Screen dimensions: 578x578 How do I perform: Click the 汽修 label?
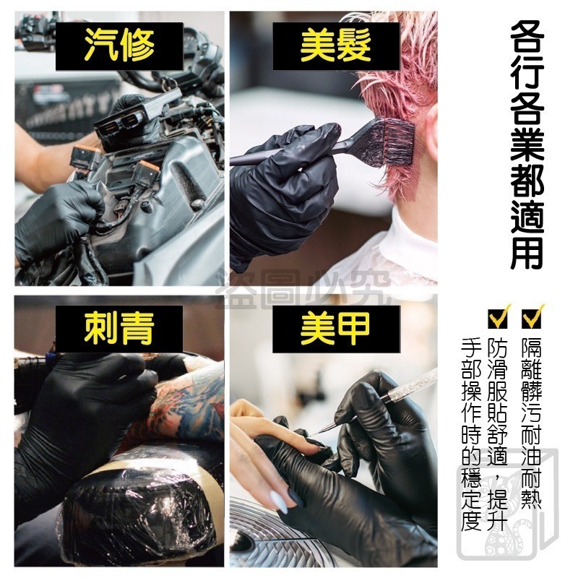click(119, 46)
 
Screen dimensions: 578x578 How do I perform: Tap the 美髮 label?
click(335, 46)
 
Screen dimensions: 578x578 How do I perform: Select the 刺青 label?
click(119, 329)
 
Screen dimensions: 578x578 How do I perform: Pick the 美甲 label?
click(335, 329)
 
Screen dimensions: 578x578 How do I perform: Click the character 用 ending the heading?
click(527, 250)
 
